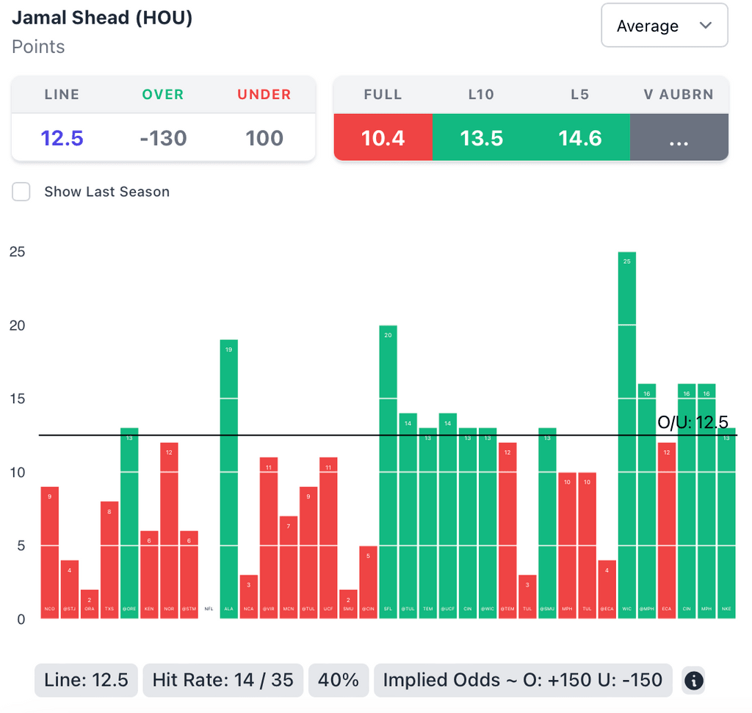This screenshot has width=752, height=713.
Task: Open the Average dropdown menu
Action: [x=664, y=26]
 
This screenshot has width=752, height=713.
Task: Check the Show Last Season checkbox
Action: [x=21, y=192]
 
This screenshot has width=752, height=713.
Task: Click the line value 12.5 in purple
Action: [x=62, y=138]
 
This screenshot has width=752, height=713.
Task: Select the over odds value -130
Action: [x=163, y=138]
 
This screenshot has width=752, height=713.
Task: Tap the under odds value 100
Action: [x=264, y=138]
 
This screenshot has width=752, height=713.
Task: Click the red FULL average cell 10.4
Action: [x=383, y=138]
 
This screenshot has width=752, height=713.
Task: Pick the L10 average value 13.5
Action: [x=481, y=138]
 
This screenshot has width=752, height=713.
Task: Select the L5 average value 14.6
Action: [x=579, y=138]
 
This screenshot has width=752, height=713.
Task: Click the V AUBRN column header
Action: [x=679, y=95]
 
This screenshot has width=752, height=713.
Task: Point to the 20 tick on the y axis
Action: [x=17, y=325]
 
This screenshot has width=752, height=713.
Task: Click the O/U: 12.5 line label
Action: [x=693, y=422]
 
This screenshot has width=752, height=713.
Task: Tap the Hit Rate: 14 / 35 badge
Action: [x=223, y=680]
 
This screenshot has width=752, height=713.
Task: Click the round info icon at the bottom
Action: [x=693, y=681]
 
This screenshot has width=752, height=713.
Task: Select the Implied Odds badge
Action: [x=522, y=680]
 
